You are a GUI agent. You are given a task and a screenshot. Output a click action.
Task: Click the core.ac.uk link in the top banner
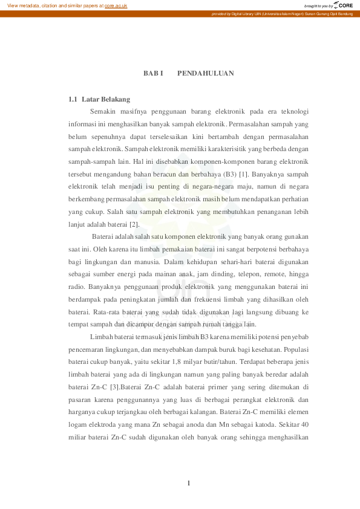click(x=116, y=5)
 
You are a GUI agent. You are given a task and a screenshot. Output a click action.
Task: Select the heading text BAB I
click(x=153, y=73)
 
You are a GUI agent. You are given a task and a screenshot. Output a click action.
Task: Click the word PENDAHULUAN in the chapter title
click(x=206, y=73)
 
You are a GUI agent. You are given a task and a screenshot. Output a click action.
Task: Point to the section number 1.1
click(x=73, y=99)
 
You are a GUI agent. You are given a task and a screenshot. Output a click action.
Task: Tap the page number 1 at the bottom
click(x=189, y=482)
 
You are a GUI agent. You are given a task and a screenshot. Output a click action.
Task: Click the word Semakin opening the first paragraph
click(x=103, y=111)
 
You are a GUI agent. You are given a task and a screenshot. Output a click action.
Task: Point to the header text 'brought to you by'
click(x=319, y=6)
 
